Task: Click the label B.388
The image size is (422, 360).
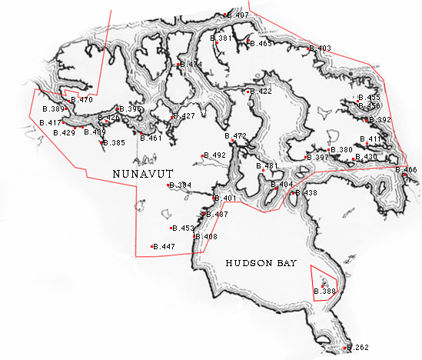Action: (327, 292)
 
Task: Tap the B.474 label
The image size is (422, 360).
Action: (192, 65)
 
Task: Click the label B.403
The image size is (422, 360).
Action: (321, 48)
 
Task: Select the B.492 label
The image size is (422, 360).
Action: (216, 155)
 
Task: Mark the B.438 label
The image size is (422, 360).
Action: (307, 192)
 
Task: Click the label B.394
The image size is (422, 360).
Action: (181, 185)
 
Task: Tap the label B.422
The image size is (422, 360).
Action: (261, 92)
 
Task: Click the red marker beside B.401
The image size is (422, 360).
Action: (213, 198)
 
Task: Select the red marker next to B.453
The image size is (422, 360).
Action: (171, 228)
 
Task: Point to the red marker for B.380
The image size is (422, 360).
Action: (329, 150)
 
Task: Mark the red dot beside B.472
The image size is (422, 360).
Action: (232, 142)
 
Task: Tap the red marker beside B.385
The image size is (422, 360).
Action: (102, 142)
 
